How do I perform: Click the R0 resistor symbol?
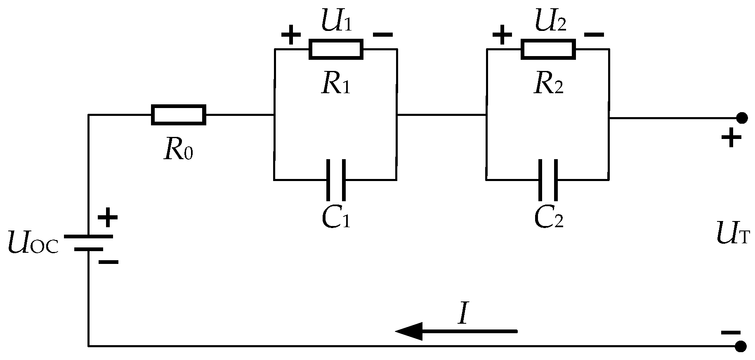tap(179, 115)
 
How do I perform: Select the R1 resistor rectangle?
tap(336, 49)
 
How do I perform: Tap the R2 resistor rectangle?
tap(548, 49)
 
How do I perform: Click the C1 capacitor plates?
tap(335, 180)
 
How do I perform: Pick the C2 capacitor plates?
tap(548, 180)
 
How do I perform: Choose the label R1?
tap(336, 85)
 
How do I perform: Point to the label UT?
tap(733, 235)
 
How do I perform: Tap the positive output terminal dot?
tap(742, 118)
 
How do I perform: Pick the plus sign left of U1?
tap(291, 35)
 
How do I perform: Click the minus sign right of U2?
tap(595, 35)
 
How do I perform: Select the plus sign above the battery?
tap(108, 217)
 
